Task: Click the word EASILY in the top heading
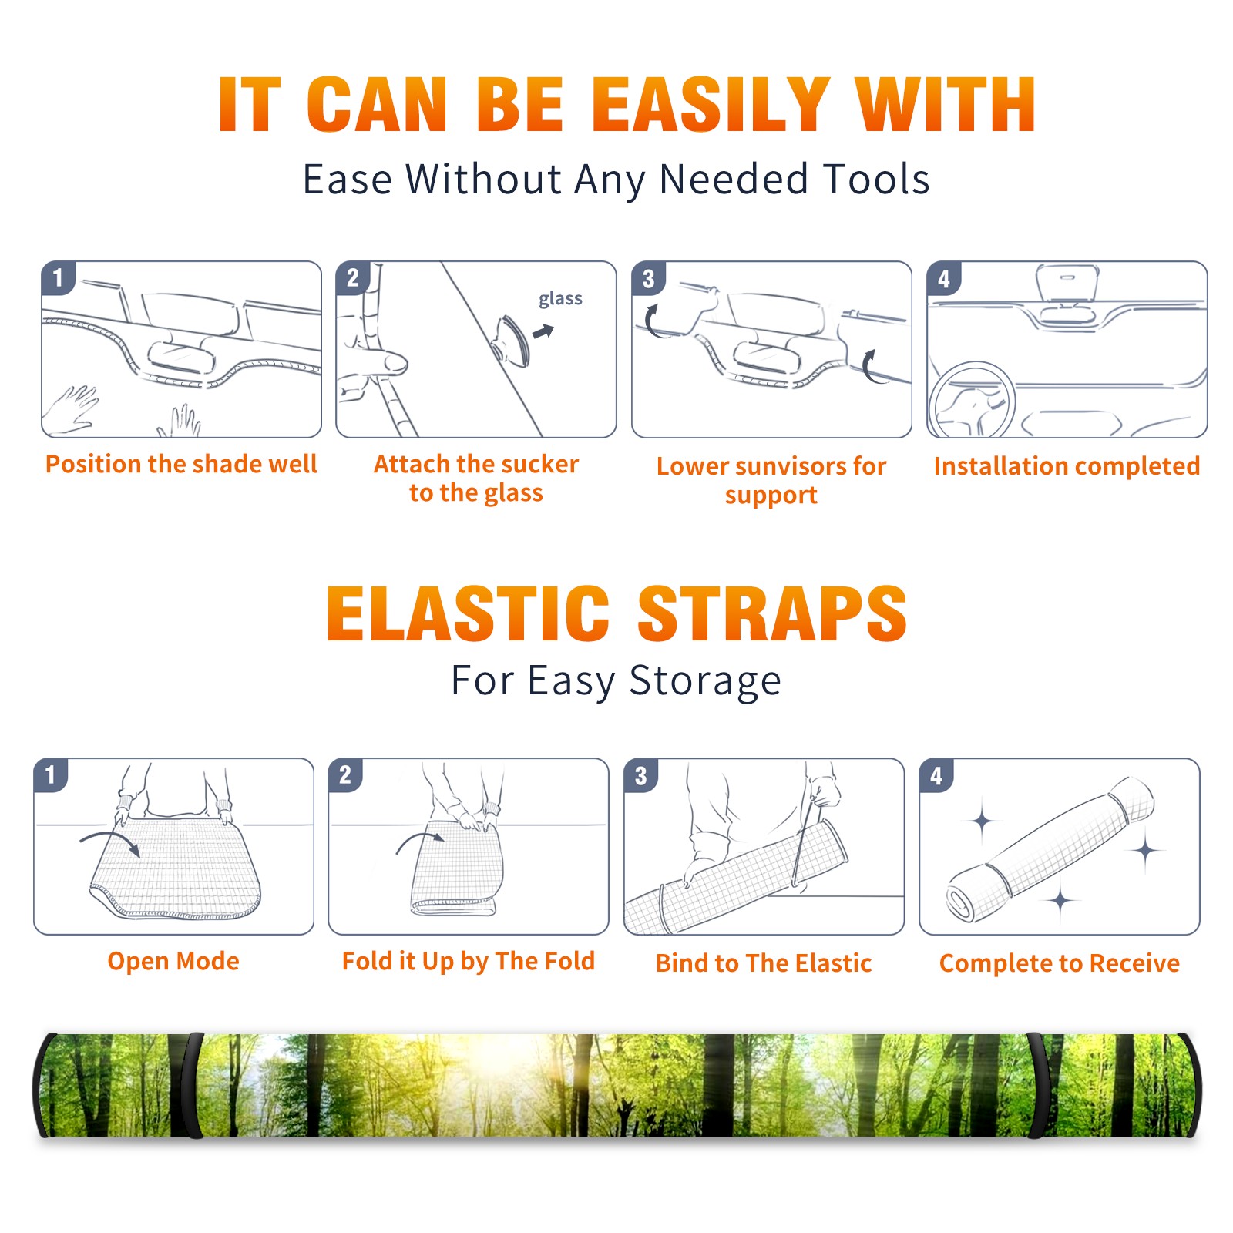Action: tap(710, 105)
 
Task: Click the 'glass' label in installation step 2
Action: tap(560, 299)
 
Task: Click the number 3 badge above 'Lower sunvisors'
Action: tap(648, 278)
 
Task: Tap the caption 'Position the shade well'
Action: tap(181, 464)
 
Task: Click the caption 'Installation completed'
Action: tap(1067, 466)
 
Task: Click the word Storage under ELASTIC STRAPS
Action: tap(705, 682)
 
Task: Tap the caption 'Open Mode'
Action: tap(173, 961)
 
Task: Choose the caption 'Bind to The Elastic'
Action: tap(763, 963)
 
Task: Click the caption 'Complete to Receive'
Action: tap(1060, 963)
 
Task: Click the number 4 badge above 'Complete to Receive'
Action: tap(936, 775)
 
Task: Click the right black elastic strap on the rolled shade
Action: tap(1037, 1086)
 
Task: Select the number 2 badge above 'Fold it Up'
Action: tap(345, 774)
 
